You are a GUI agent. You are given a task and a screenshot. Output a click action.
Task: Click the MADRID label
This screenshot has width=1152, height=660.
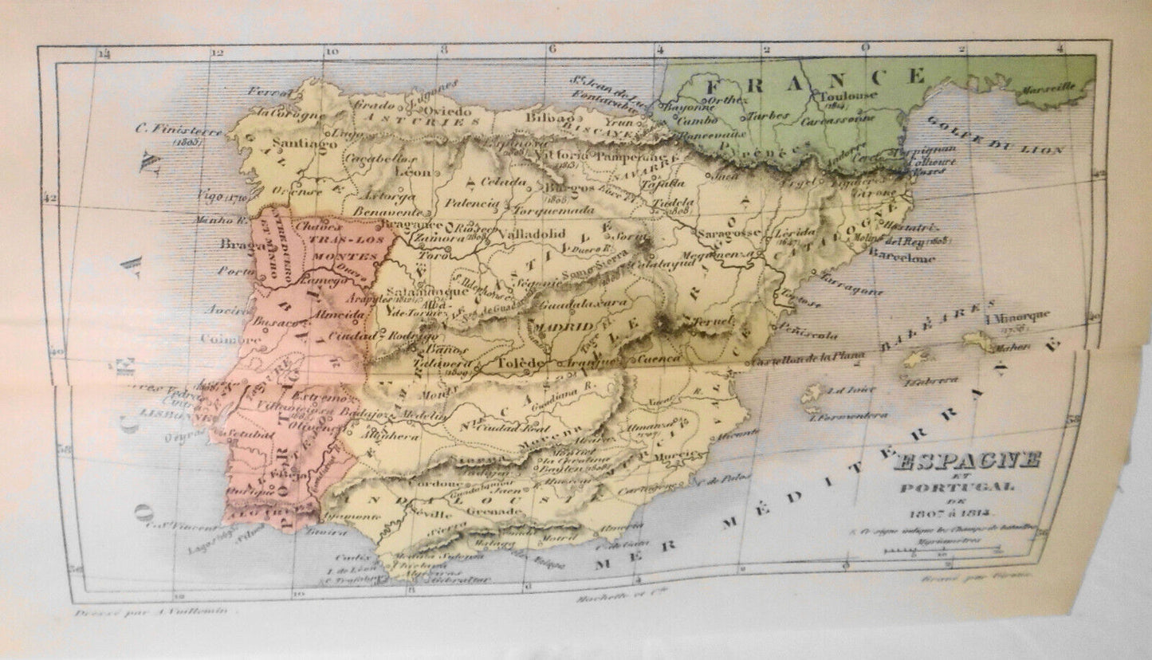pyautogui.click(x=564, y=326)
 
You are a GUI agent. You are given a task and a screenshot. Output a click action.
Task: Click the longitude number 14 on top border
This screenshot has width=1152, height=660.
pyautogui.click(x=104, y=54)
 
